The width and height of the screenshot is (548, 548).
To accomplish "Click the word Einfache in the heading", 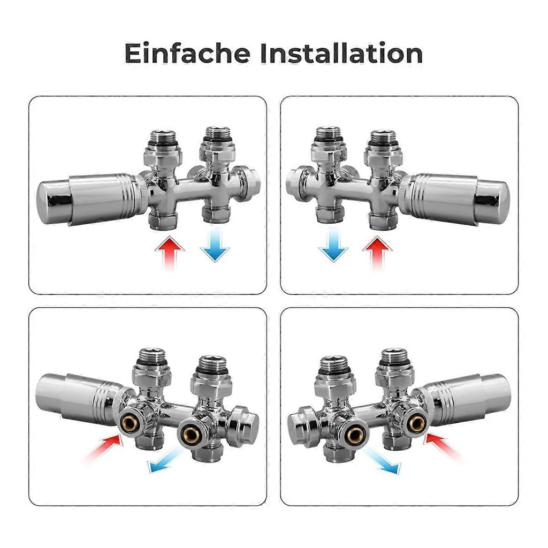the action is [x=187, y=53].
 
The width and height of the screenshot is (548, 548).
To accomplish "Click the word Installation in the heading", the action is [x=341, y=53].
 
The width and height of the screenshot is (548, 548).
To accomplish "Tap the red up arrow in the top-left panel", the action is [x=170, y=253].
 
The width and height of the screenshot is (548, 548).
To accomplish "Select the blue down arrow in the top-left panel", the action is [x=215, y=244].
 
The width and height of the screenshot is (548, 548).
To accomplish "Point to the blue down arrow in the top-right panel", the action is [x=333, y=244].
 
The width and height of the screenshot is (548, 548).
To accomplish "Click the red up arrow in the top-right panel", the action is [x=377, y=253].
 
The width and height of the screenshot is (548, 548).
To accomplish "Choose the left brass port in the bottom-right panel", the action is [x=354, y=434].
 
